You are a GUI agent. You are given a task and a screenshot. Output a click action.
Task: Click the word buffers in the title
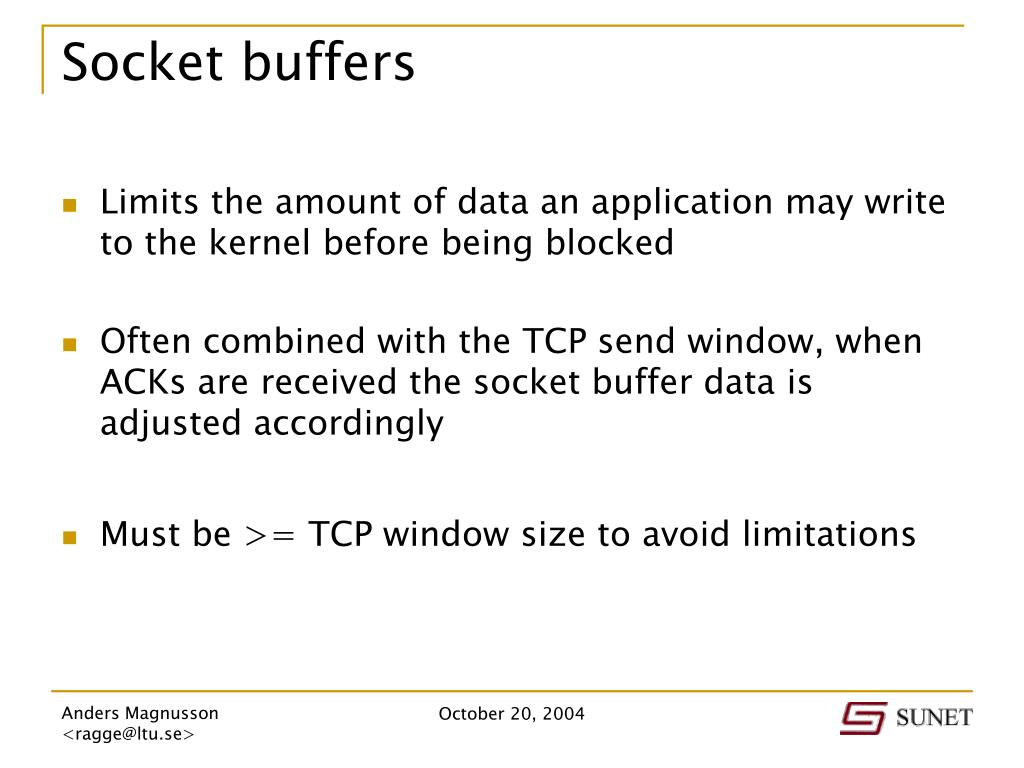(x=326, y=63)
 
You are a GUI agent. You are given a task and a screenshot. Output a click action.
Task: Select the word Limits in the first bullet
(x=149, y=203)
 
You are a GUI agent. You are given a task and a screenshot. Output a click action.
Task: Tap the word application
(x=681, y=203)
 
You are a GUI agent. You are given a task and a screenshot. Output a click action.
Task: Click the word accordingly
(x=348, y=424)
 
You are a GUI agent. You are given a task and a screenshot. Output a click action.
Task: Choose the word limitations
(x=829, y=534)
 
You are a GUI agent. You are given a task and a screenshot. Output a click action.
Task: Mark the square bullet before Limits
(x=70, y=206)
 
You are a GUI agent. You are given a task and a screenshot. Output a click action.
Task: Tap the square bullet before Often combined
(x=70, y=345)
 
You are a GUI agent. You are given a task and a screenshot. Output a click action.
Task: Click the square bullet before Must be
(x=70, y=537)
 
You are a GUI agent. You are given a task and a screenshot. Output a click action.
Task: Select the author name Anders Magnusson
(x=140, y=714)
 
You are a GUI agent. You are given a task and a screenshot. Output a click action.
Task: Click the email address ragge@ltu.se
(x=128, y=735)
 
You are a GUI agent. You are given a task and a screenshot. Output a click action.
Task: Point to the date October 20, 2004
(x=512, y=714)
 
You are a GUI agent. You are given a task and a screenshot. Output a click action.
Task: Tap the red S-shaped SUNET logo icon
(x=862, y=718)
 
